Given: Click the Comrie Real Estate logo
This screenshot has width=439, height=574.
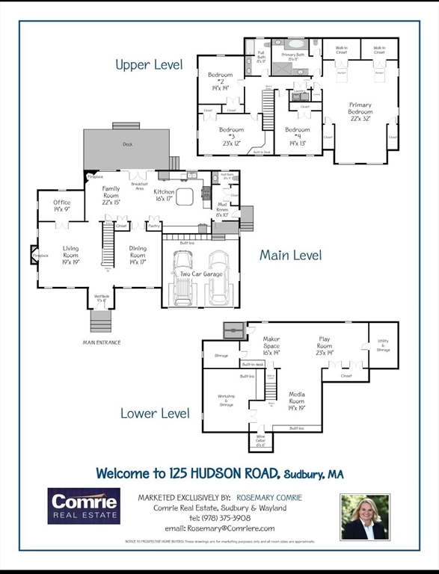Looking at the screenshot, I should point(84,506).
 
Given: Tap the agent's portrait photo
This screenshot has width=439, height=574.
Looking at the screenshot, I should point(365,516).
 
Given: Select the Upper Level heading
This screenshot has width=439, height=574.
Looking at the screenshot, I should point(149,65).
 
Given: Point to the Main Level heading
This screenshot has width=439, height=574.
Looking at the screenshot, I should point(290,255).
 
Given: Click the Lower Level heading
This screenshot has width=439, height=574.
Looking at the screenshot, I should point(155,413).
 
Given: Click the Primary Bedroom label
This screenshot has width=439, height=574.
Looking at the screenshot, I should point(360,112).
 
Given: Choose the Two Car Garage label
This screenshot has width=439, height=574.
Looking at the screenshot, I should point(200,274).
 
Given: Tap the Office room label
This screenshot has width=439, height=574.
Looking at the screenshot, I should point(62,206).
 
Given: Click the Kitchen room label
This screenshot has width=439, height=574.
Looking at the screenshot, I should point(164,195).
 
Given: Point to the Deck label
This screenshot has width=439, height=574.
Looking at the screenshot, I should point(128,144).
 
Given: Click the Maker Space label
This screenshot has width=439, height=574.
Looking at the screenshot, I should point(271,342).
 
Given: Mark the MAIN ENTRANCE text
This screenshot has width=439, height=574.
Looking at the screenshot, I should point(102,342).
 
